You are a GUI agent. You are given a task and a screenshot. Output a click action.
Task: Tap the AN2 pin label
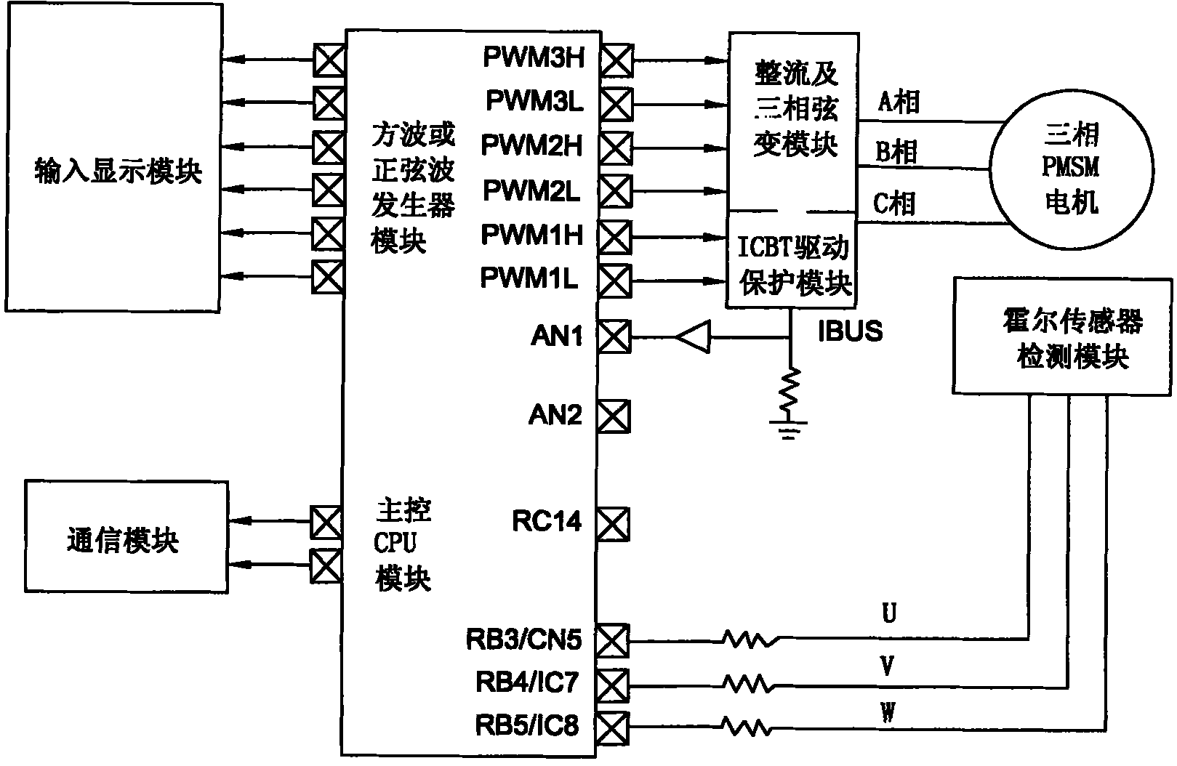click(x=555, y=416)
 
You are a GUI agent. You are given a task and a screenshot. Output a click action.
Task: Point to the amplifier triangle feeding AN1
click(x=692, y=337)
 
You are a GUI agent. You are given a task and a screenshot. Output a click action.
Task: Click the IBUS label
click(x=850, y=331)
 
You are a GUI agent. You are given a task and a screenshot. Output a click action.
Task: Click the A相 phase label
click(x=899, y=102)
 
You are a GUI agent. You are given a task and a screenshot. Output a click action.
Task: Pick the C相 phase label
click(x=894, y=203)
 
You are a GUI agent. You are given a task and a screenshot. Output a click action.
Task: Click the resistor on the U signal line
click(x=750, y=640)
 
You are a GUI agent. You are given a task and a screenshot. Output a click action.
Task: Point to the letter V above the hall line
click(x=888, y=666)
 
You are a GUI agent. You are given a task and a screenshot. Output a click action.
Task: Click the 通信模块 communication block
click(x=122, y=540)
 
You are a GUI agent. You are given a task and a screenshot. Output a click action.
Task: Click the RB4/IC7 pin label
click(x=527, y=682)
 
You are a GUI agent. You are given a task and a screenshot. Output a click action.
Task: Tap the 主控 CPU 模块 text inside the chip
click(x=403, y=544)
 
